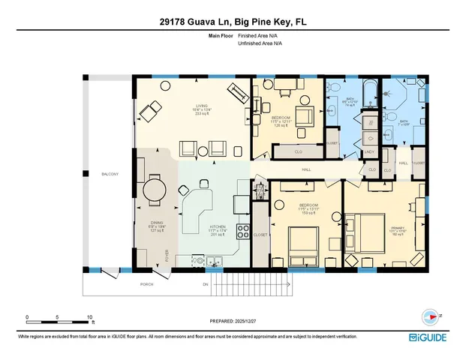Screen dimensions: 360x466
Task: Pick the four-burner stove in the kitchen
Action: pos(242,231)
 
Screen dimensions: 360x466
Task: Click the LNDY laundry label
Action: pos(369,152)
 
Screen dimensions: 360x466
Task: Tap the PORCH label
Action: pos(148,285)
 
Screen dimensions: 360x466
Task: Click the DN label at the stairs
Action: pos(204,285)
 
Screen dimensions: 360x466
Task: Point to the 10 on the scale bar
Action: pos(90,316)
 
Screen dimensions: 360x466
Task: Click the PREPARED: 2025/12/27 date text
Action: pos(233,321)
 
